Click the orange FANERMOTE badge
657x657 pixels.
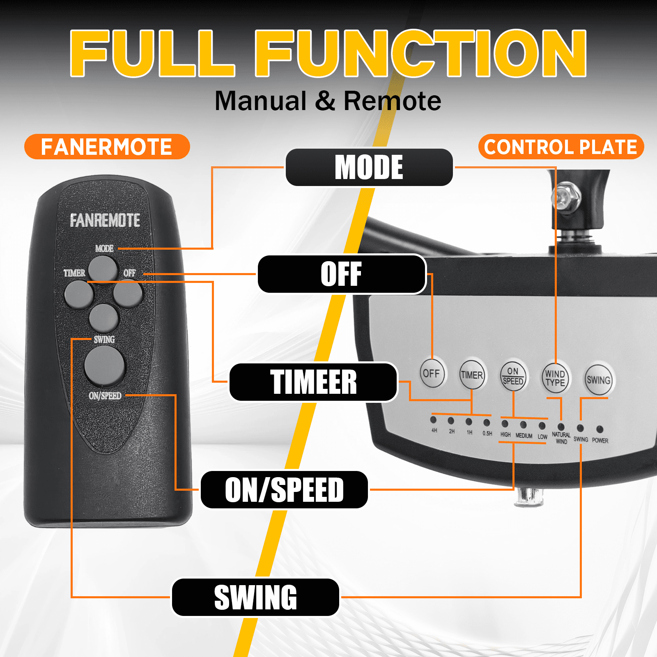tap(107, 147)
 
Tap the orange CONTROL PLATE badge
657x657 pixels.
tap(561, 147)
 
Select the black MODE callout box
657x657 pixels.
tap(369, 167)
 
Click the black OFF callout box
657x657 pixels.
tap(342, 274)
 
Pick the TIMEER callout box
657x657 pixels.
tap(313, 382)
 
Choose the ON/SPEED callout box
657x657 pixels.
tap(284, 489)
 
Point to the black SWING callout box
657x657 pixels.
tap(255, 597)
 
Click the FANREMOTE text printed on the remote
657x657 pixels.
tap(105, 221)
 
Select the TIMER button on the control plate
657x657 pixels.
tap(472, 374)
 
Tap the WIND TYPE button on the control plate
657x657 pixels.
tap(555, 378)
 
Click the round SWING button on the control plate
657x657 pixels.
tap(598, 380)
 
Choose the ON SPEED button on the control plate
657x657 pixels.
tap(513, 376)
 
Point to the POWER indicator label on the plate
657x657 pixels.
tap(600, 441)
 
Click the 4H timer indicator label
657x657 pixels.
tap(434, 430)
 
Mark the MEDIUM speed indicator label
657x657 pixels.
tap(524, 436)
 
